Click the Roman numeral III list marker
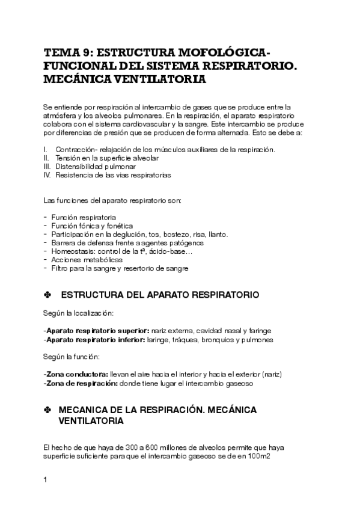click(x=48, y=166)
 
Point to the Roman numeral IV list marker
click(x=48, y=175)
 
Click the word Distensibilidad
click(x=79, y=166)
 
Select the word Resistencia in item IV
click(x=75, y=175)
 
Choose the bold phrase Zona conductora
click(x=73, y=374)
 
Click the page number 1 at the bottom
click(x=46, y=480)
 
